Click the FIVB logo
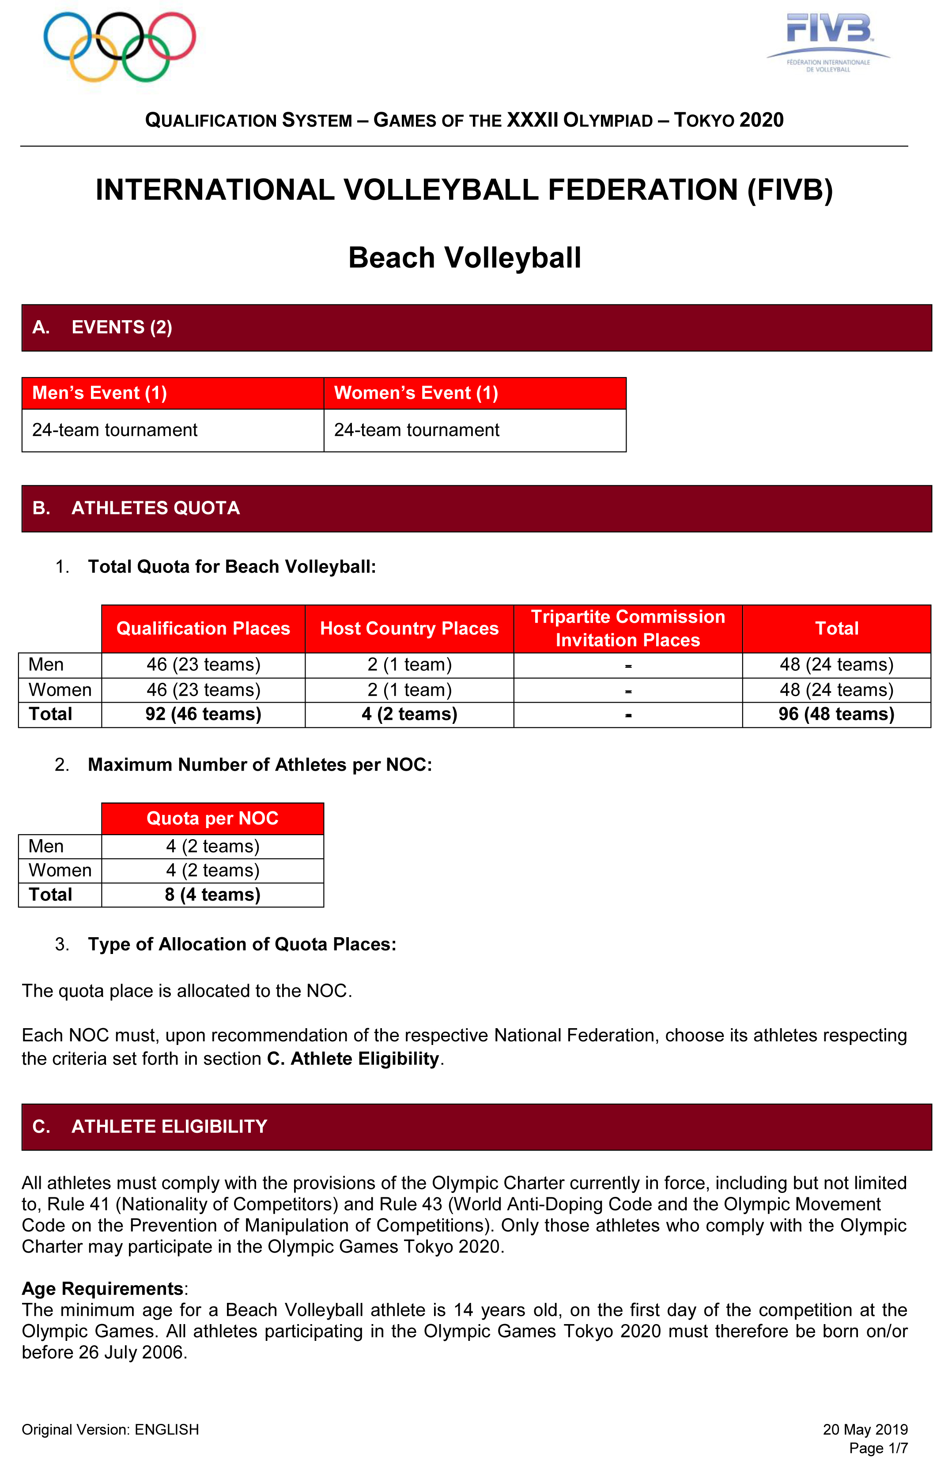pos(828,42)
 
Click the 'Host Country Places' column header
pos(409,628)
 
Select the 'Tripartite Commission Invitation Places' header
pos(627,628)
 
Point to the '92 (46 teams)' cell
pos(203,715)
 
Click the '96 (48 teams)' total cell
pos(836,715)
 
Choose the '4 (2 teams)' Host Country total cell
pos(409,715)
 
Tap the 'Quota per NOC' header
pos(212,818)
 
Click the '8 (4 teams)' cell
pos(212,895)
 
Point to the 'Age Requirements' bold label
pos(102,1288)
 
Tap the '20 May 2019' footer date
pos(865,1429)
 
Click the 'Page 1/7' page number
pos(878,1448)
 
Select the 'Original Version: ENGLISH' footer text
pos(110,1430)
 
